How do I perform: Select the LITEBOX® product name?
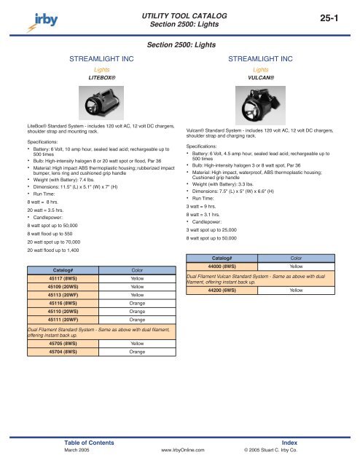click(98, 75)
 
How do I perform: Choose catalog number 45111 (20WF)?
click(63, 319)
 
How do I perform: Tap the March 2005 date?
click(77, 451)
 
